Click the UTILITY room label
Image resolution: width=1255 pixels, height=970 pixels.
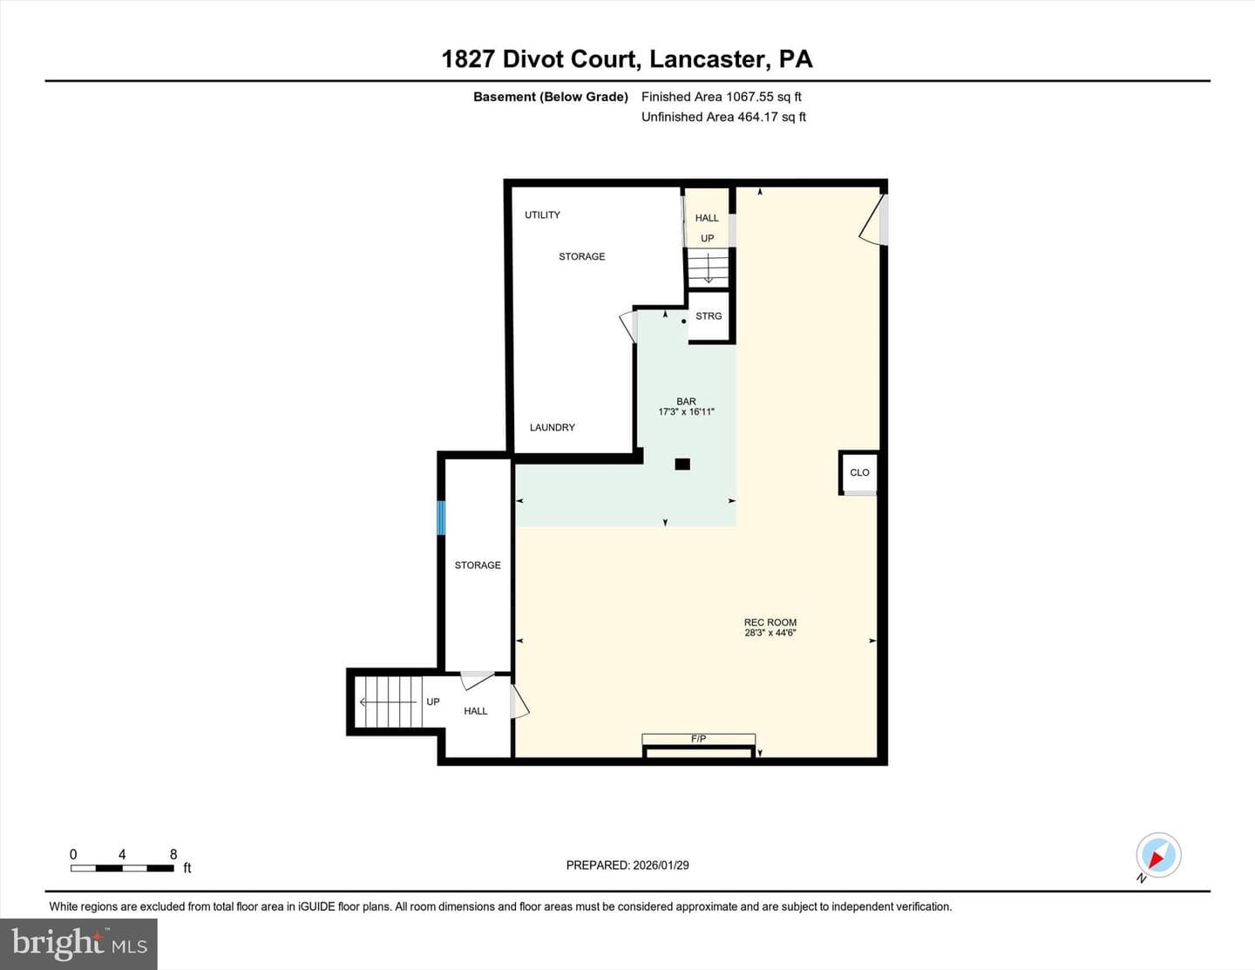click(x=542, y=214)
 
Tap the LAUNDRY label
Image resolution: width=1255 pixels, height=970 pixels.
click(x=553, y=427)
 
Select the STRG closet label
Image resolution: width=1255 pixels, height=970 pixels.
click(x=709, y=315)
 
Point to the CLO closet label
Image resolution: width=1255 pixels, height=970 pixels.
click(x=859, y=472)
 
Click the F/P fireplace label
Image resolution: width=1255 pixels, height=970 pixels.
click(x=698, y=738)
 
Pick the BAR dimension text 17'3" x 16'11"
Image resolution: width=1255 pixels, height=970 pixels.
click(x=686, y=411)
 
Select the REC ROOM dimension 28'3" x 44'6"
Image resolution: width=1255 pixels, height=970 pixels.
click(x=770, y=632)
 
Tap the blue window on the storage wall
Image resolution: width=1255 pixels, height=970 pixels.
click(x=441, y=518)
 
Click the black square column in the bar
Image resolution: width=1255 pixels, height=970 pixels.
click(x=682, y=464)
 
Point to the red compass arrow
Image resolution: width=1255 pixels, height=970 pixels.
click(x=1157, y=859)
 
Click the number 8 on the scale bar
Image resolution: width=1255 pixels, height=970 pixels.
click(x=173, y=854)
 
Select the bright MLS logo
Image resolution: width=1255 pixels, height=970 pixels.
click(x=79, y=943)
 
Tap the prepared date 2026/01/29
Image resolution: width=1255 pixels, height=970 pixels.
click(x=661, y=865)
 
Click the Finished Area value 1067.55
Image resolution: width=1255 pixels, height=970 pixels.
click(x=750, y=97)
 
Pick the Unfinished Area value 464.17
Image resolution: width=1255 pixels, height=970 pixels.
click(x=757, y=117)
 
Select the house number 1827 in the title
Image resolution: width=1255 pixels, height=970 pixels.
click(x=468, y=59)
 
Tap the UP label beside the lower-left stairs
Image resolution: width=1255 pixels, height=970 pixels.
click(x=432, y=702)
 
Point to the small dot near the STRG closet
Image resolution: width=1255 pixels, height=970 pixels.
click(x=684, y=321)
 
